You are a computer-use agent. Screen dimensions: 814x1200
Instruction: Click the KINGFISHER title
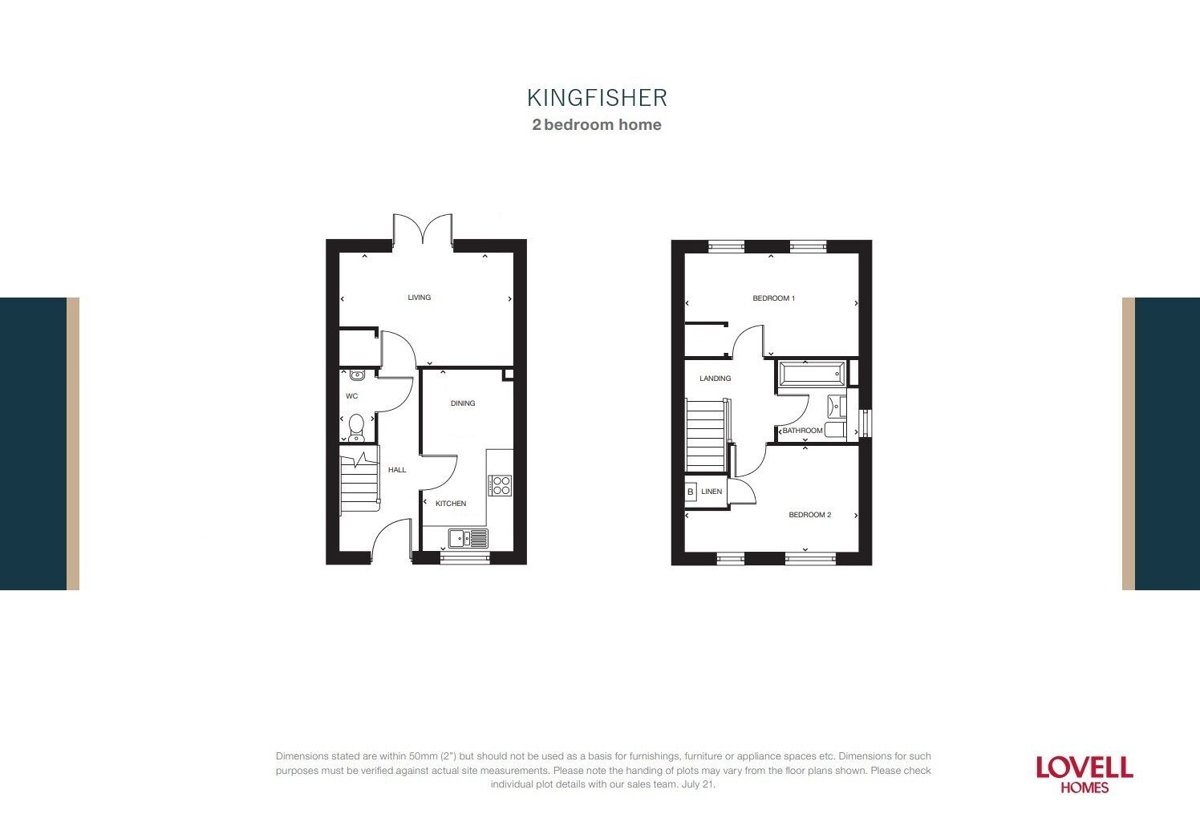[597, 98]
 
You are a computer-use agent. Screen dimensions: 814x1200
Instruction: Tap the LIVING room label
[419, 298]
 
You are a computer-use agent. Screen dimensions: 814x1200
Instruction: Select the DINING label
[463, 403]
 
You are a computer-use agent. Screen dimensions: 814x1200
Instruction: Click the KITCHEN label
[451, 504]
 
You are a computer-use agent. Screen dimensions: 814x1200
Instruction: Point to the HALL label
[397, 470]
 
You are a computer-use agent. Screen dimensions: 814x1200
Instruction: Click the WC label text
[351, 396]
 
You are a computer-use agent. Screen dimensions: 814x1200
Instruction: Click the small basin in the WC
[357, 375]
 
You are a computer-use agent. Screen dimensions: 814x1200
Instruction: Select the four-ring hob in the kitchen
[500, 485]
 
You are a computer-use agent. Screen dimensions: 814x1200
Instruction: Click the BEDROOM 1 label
[773, 298]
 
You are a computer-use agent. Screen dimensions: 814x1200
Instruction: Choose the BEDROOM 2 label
[809, 515]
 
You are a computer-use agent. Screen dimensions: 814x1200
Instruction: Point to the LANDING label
[715, 379]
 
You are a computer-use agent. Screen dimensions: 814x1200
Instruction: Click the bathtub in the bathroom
[811, 374]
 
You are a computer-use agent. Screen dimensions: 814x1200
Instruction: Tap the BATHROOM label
[802, 431]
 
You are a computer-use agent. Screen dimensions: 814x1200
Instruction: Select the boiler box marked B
[690, 492]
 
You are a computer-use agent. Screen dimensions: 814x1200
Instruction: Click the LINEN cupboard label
[711, 492]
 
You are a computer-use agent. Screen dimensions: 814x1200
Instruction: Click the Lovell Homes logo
[1084, 774]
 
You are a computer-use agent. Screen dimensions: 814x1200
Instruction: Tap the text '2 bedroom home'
[597, 124]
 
